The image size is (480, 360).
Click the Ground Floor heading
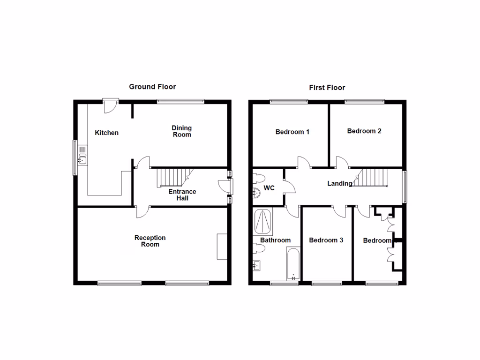[152, 87]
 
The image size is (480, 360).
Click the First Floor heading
[327, 88]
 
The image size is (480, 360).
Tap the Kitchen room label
[107, 133]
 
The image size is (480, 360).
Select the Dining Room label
[182, 131]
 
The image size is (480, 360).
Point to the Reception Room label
[150, 241]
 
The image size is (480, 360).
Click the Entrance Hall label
[182, 195]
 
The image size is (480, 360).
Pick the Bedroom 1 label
[292, 132]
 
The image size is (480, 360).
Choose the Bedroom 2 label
[364, 131]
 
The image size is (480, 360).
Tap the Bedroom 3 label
[326, 240]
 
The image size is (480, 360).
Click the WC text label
[269, 188]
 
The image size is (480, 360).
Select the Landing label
[340, 183]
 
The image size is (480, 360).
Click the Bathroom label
[276, 240]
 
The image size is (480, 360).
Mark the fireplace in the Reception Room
[221, 246]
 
